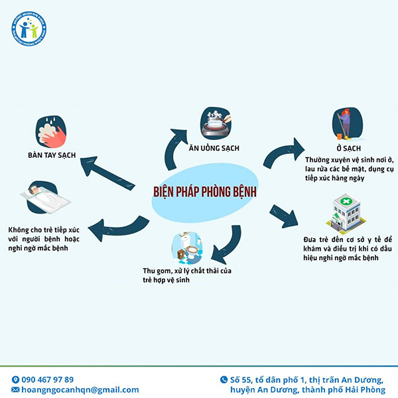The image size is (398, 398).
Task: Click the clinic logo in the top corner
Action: pos(29,29)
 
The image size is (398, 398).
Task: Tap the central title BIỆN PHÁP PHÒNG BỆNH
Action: pos(204,192)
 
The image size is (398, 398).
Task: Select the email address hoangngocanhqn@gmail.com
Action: pos(80,390)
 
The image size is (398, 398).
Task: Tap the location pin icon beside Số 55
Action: pos(224,380)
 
